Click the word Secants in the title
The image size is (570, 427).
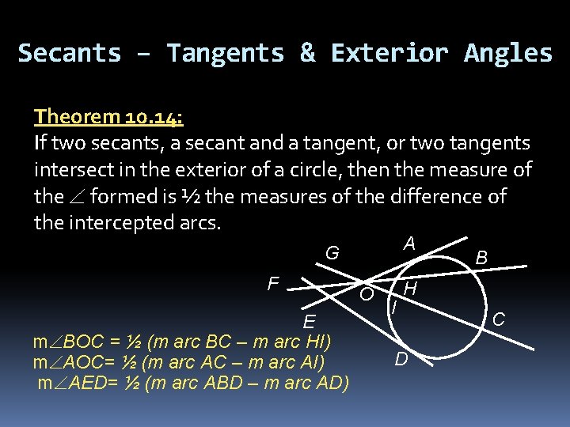tap(70, 53)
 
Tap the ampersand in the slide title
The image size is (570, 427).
tap(307, 53)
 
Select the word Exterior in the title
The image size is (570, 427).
tap(389, 53)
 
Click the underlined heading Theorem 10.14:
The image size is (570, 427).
tap(108, 117)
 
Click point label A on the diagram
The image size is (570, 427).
tap(408, 244)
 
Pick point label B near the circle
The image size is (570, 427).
tap(481, 258)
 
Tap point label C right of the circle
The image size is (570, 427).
tap(499, 319)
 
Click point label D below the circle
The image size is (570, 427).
tap(401, 360)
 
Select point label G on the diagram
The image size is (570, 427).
tap(332, 254)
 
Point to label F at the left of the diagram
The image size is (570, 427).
tap(272, 283)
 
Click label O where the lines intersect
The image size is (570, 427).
tap(367, 295)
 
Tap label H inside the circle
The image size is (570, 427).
tap(410, 289)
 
